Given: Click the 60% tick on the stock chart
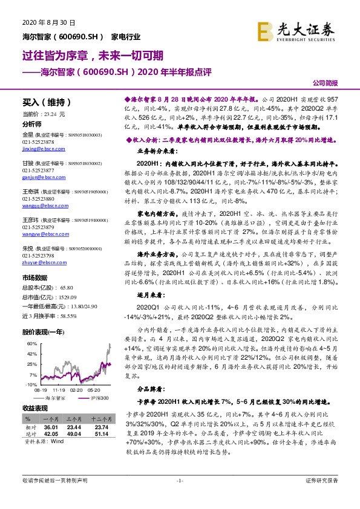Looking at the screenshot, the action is pos(31,343).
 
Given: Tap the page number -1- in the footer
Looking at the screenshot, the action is pos(179,497).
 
